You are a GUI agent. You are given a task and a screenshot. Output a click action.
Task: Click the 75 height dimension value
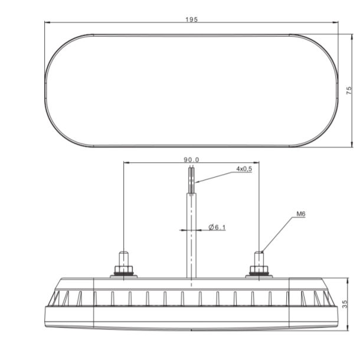pos(349,89)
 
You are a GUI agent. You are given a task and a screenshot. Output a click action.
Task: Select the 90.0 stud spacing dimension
pos(192,159)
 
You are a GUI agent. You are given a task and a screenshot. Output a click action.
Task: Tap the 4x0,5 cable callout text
pos(244,168)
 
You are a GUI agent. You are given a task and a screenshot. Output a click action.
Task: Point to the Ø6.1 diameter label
pos(217,227)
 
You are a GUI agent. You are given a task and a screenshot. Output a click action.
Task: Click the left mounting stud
pos(123,258)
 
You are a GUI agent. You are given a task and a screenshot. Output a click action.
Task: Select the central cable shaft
pos(191,236)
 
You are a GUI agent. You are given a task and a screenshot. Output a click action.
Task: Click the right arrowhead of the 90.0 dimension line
pos(257,163)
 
